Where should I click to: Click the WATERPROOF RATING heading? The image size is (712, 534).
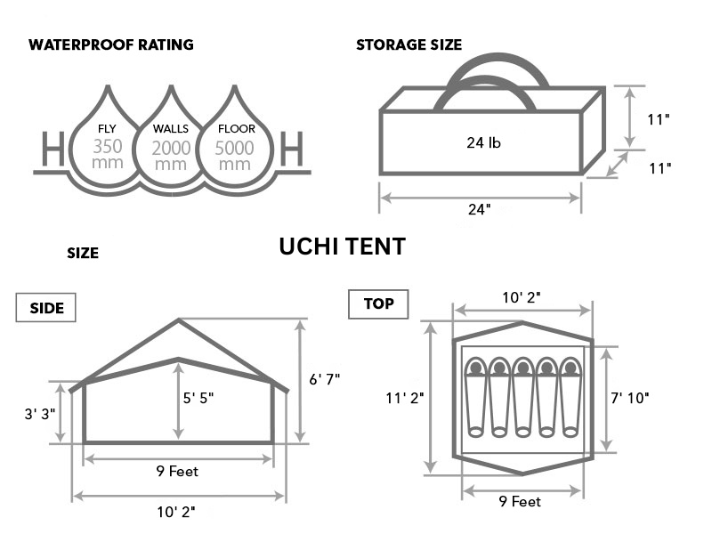(111, 44)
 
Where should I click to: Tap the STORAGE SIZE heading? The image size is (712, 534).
(409, 45)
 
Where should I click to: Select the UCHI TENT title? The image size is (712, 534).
(343, 247)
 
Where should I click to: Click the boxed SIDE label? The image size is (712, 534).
(46, 308)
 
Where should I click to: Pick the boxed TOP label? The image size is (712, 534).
(378, 304)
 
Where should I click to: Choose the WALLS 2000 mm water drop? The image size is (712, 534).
(171, 142)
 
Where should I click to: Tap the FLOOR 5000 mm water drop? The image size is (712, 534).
(234, 142)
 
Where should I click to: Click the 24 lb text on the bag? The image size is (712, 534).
(484, 142)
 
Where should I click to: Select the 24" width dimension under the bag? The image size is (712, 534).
(479, 210)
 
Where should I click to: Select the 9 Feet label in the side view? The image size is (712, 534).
(177, 472)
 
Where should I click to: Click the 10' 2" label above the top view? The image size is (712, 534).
(522, 296)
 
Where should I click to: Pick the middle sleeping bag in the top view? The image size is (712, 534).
(522, 398)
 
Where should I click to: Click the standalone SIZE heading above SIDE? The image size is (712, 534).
(83, 254)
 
